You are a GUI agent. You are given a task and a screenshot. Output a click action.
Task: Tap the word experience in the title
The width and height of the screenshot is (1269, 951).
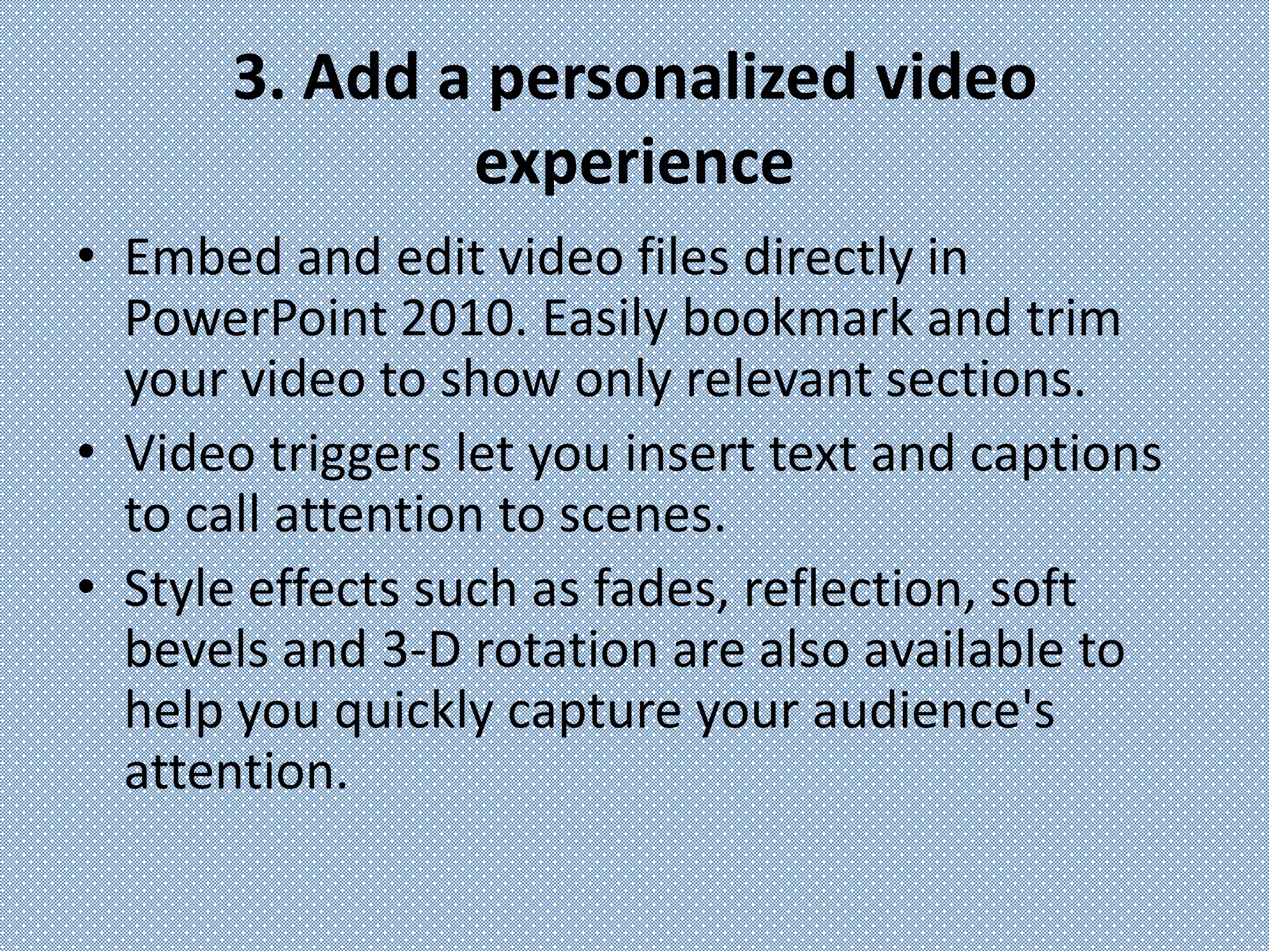pos(634,162)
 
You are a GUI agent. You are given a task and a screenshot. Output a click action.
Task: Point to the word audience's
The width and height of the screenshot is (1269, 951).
pos(933,711)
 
